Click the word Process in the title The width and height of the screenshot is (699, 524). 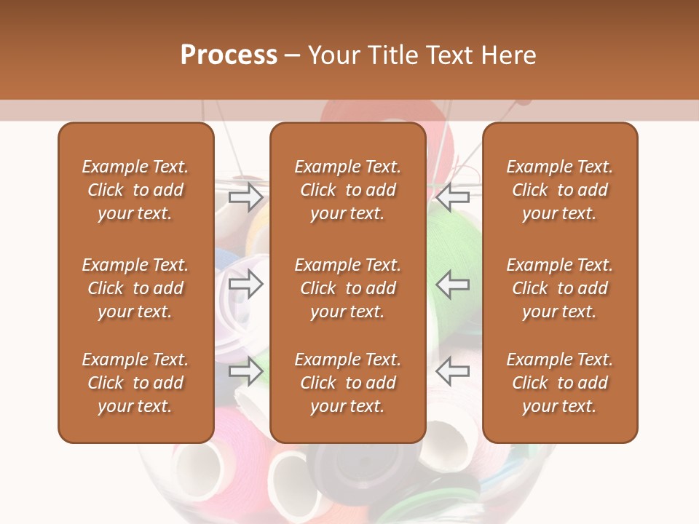point(229,55)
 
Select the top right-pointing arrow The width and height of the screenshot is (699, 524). point(245,196)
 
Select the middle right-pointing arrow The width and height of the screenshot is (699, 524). point(245,284)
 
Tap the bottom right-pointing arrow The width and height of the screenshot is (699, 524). point(245,371)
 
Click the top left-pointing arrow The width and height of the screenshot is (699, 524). point(453,196)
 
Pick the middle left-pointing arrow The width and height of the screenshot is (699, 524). point(453,284)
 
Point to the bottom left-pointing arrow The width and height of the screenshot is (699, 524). point(453,371)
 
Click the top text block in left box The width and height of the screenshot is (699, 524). point(135,190)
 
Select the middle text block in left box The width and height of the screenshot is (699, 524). point(135,288)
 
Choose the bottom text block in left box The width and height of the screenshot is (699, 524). point(135,383)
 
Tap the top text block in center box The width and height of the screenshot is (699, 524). point(348,190)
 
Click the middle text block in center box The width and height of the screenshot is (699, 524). point(348,288)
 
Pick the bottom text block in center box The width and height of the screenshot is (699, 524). point(348,383)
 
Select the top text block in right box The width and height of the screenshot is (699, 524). point(560,190)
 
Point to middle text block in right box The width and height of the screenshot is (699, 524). point(560,288)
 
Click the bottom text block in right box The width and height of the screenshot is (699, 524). point(560,383)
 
